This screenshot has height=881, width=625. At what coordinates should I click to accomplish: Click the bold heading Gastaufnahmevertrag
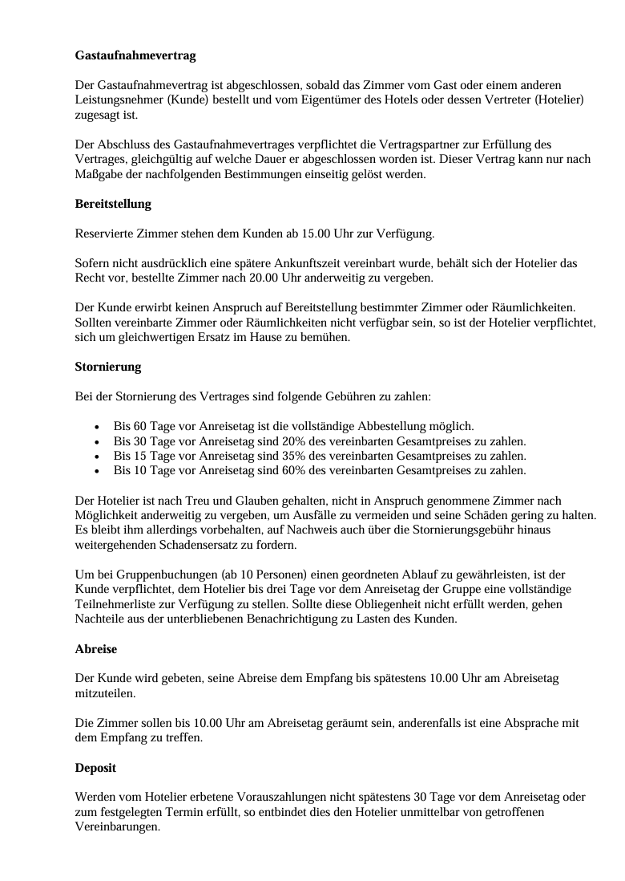coord(135,56)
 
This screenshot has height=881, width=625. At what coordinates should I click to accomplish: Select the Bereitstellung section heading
coord(113,204)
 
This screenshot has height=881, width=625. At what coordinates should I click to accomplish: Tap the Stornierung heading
coord(107,367)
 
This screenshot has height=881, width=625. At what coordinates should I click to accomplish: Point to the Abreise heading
coord(95,648)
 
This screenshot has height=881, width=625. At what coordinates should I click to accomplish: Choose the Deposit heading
coord(95,768)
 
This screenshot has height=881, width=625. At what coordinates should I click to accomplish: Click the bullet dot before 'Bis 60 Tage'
coord(97,427)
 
